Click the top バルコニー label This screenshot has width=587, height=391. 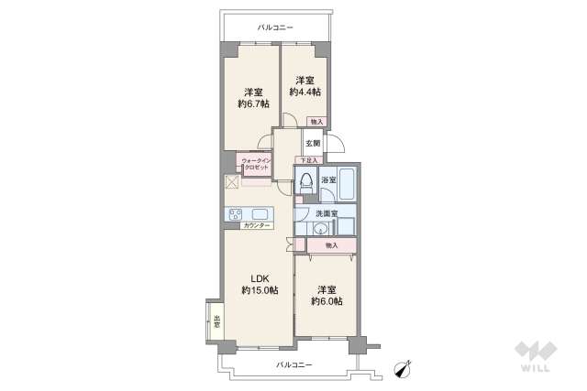(275, 28)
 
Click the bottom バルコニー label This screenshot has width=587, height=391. (294, 364)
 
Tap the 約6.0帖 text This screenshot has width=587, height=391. (326, 300)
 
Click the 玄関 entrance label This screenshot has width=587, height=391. (313, 143)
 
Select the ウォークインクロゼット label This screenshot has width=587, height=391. (255, 164)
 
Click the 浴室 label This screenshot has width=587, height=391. (327, 180)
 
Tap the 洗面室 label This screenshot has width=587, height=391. (327, 213)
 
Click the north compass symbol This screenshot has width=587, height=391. (401, 367)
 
